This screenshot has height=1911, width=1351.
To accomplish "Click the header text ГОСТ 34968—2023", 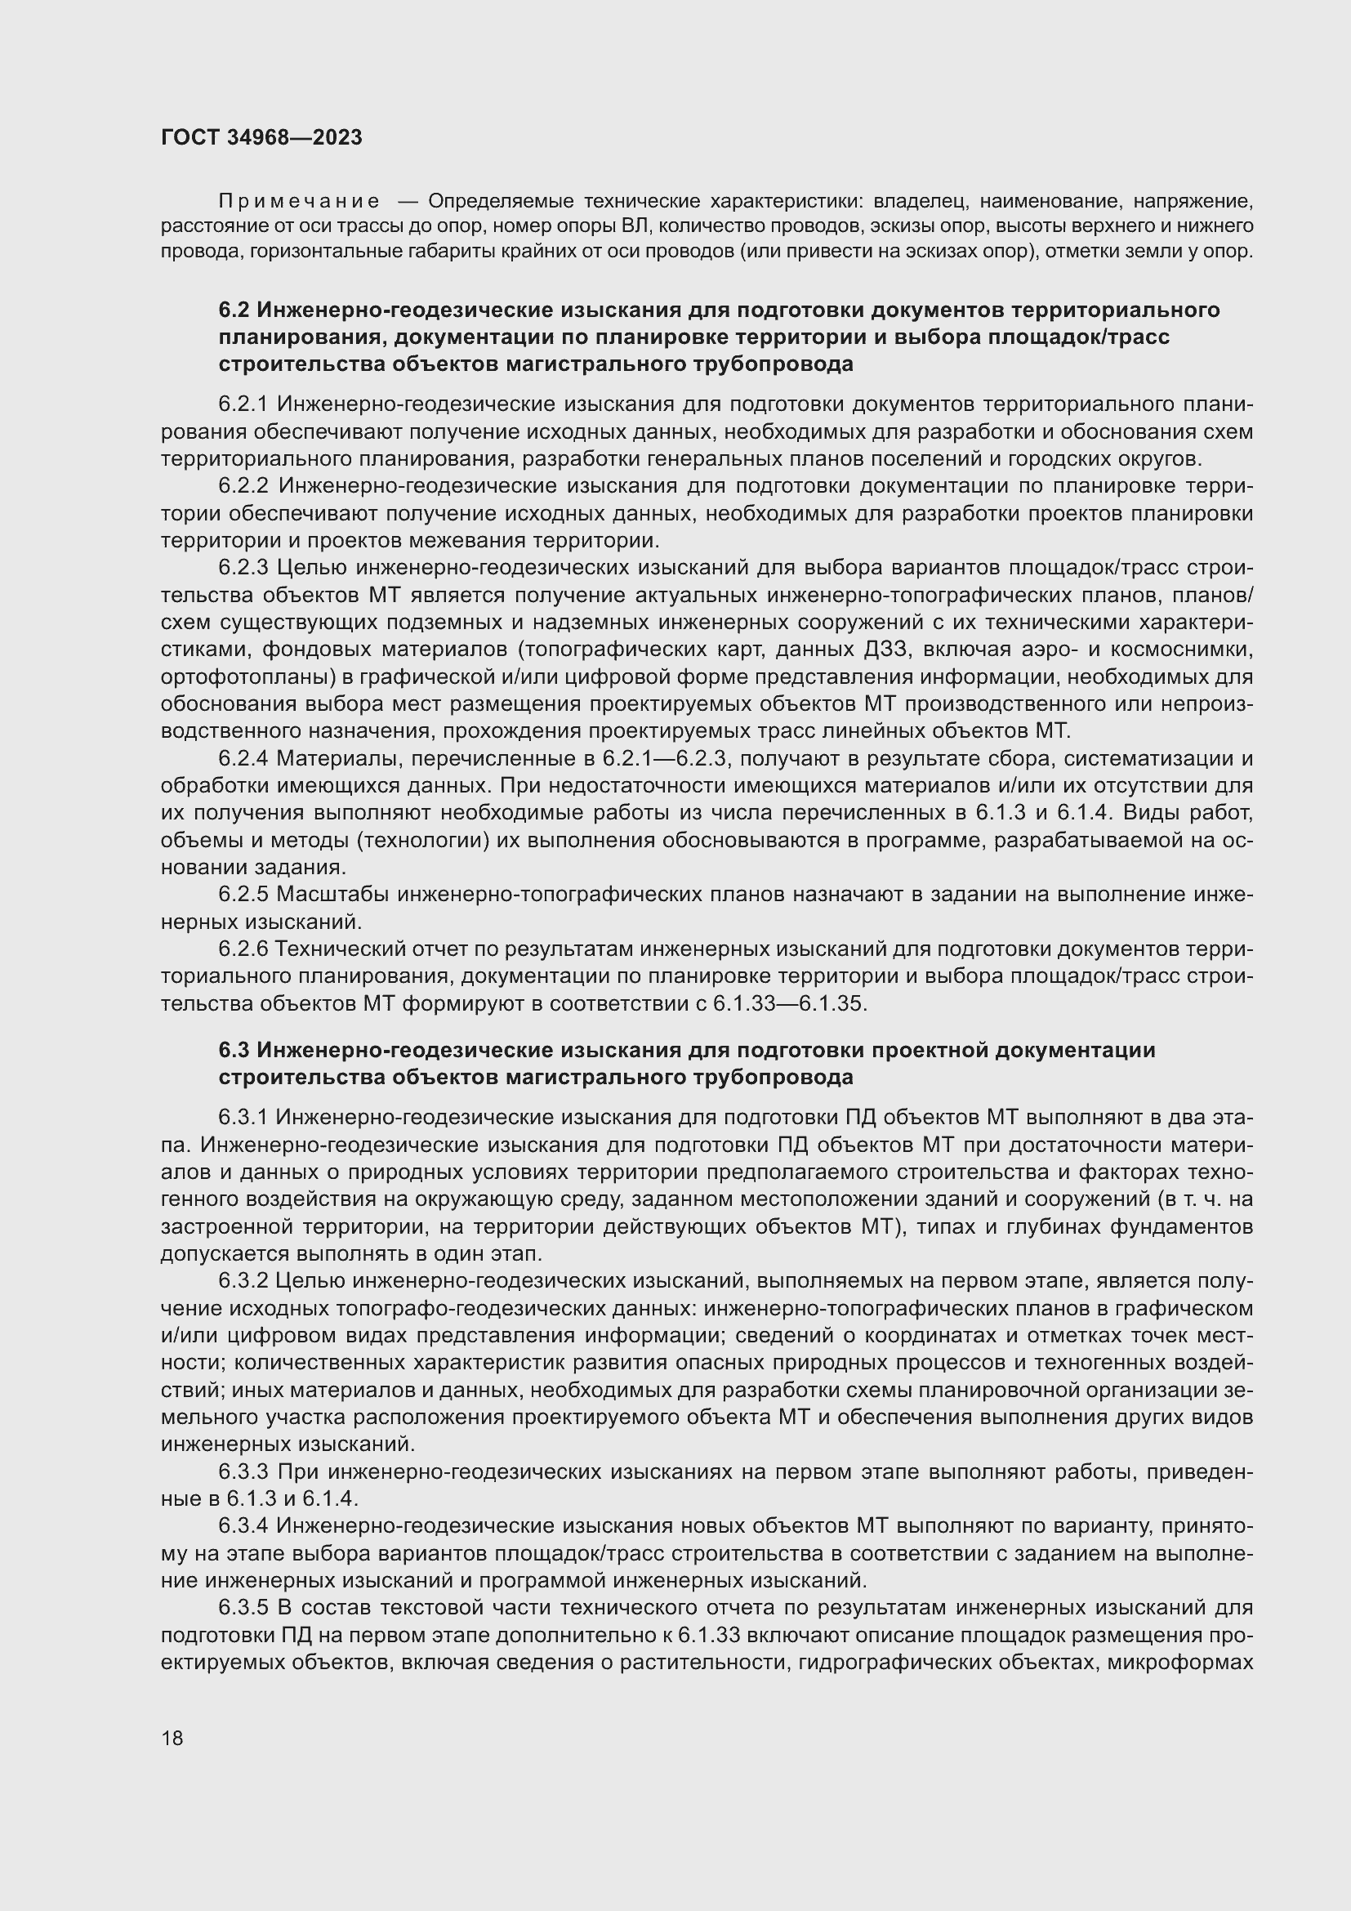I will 261,138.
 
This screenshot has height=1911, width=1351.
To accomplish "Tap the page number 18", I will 172,1738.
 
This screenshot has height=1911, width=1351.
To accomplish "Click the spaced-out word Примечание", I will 299,202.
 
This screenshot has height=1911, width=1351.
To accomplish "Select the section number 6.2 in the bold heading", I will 234,310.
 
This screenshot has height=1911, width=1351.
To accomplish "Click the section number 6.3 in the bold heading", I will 234,1051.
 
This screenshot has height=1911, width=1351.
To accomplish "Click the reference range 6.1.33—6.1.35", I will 789,1004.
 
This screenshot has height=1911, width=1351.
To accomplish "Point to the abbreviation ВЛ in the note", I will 632,226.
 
